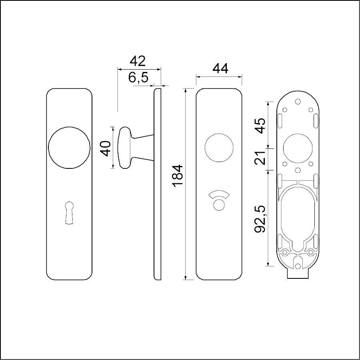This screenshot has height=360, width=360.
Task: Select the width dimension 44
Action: (x=221, y=69)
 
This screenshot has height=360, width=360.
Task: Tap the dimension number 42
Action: (x=138, y=61)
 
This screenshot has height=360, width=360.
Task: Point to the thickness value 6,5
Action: (x=138, y=78)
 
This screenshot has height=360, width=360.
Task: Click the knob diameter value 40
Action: (x=106, y=148)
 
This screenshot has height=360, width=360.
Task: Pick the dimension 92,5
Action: (x=260, y=219)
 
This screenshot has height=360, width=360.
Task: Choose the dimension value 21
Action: (x=260, y=158)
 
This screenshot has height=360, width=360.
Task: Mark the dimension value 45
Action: (x=260, y=126)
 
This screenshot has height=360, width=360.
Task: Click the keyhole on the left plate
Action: (x=69, y=213)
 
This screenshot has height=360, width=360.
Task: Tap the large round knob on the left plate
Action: (x=69, y=147)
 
